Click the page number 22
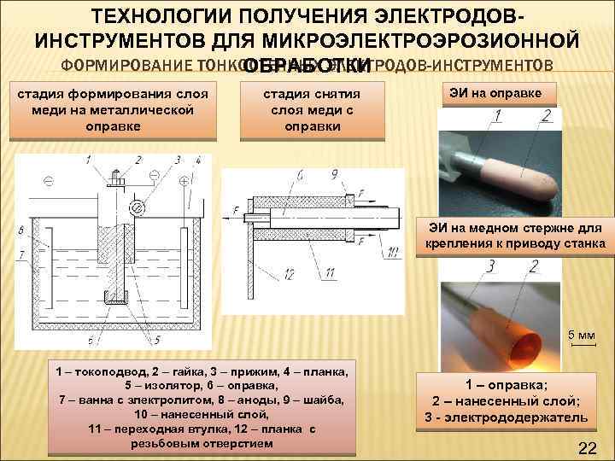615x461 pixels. [587, 448]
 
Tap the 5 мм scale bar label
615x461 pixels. [583, 334]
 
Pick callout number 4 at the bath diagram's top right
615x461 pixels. [197, 159]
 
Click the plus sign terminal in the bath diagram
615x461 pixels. [184, 181]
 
